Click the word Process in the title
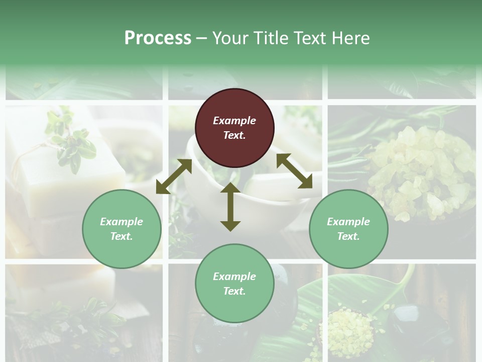point(158,38)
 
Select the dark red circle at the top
point(234,128)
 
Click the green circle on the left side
point(122,229)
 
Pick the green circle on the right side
point(348,229)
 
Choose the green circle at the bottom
point(234,284)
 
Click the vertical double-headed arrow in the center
point(230,207)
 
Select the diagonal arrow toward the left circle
point(174,176)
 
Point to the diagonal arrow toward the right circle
point(295,171)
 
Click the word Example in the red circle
point(234,121)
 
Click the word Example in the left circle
point(122,222)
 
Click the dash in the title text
point(201,38)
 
